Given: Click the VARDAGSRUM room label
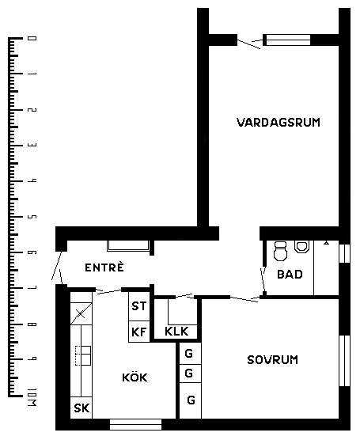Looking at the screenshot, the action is pos(279,123).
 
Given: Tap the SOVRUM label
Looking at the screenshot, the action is pos(272,360).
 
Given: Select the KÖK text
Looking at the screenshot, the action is pos(135,377).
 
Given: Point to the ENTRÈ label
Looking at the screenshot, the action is pos(104,267).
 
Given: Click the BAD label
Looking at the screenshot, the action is pos(290,274).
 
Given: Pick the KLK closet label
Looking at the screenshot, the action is pos(176,332).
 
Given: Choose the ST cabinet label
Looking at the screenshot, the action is pos(139,306).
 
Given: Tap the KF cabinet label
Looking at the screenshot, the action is pos(139,332).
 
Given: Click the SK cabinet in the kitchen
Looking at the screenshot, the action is pos(81,408).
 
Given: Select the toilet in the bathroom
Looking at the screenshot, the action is pos(280,251).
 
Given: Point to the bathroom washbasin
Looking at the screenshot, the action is pos(302,246).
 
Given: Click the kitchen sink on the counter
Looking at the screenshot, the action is pos(83,355).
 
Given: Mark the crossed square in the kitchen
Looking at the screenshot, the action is pos(81,313).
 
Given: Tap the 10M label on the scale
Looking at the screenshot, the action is pos(32,397).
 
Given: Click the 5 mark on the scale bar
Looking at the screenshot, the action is pos(32,217).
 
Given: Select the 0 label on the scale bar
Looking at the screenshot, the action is pos(32,38).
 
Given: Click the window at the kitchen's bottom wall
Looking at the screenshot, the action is pos(135,424).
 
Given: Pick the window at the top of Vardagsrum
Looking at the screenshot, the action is pos(288,40).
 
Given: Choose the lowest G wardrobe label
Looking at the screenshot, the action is pos(191,400).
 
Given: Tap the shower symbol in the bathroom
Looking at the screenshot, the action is pos(326,243).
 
